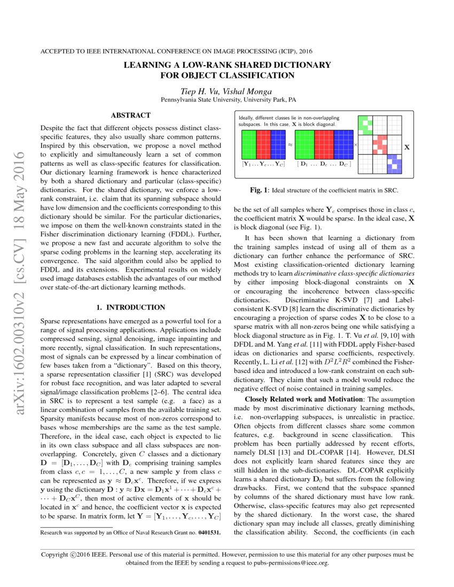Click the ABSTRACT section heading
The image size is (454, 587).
click(x=130, y=115)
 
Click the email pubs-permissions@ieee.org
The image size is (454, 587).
click(x=292, y=562)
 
